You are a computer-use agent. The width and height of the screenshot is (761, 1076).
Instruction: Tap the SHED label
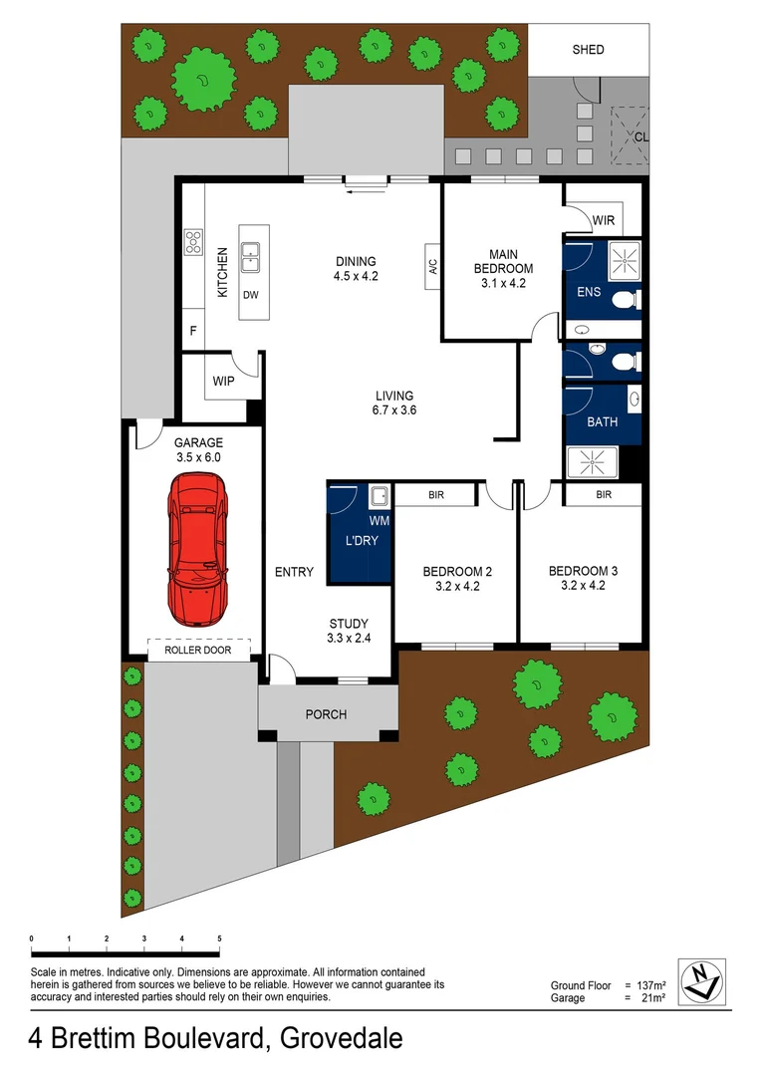(x=588, y=50)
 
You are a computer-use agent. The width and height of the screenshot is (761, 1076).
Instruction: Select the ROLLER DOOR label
(x=197, y=651)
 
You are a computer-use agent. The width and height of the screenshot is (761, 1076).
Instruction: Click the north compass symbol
(x=701, y=980)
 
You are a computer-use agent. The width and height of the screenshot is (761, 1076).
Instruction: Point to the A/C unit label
(x=433, y=267)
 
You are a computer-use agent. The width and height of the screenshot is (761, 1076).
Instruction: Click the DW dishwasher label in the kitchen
(x=250, y=295)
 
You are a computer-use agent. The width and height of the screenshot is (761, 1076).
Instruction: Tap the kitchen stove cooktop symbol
(x=193, y=242)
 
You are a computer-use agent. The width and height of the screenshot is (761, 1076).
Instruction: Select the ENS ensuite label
(x=590, y=293)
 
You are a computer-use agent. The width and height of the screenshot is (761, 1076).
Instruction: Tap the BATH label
(x=602, y=422)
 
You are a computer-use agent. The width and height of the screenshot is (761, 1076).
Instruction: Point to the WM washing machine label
(x=379, y=520)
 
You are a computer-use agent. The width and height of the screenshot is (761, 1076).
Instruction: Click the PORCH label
(x=326, y=714)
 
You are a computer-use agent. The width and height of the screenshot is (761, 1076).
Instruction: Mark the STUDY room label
(x=349, y=624)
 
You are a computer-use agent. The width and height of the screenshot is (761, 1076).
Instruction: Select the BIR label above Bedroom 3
(x=604, y=494)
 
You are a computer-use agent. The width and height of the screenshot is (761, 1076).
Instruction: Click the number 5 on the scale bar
(x=219, y=939)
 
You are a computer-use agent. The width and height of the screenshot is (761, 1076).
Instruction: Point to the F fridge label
(x=192, y=329)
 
